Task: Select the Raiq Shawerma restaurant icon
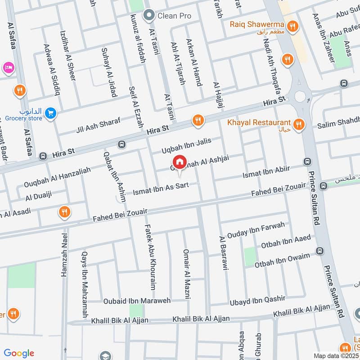pos(293,27)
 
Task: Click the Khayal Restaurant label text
pos(252,123)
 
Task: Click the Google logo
pos(19,353)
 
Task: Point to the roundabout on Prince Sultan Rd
pos(300,95)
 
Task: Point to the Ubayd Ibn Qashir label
pos(257,299)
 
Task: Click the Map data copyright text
pos(336,355)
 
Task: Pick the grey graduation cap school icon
pos(105,355)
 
